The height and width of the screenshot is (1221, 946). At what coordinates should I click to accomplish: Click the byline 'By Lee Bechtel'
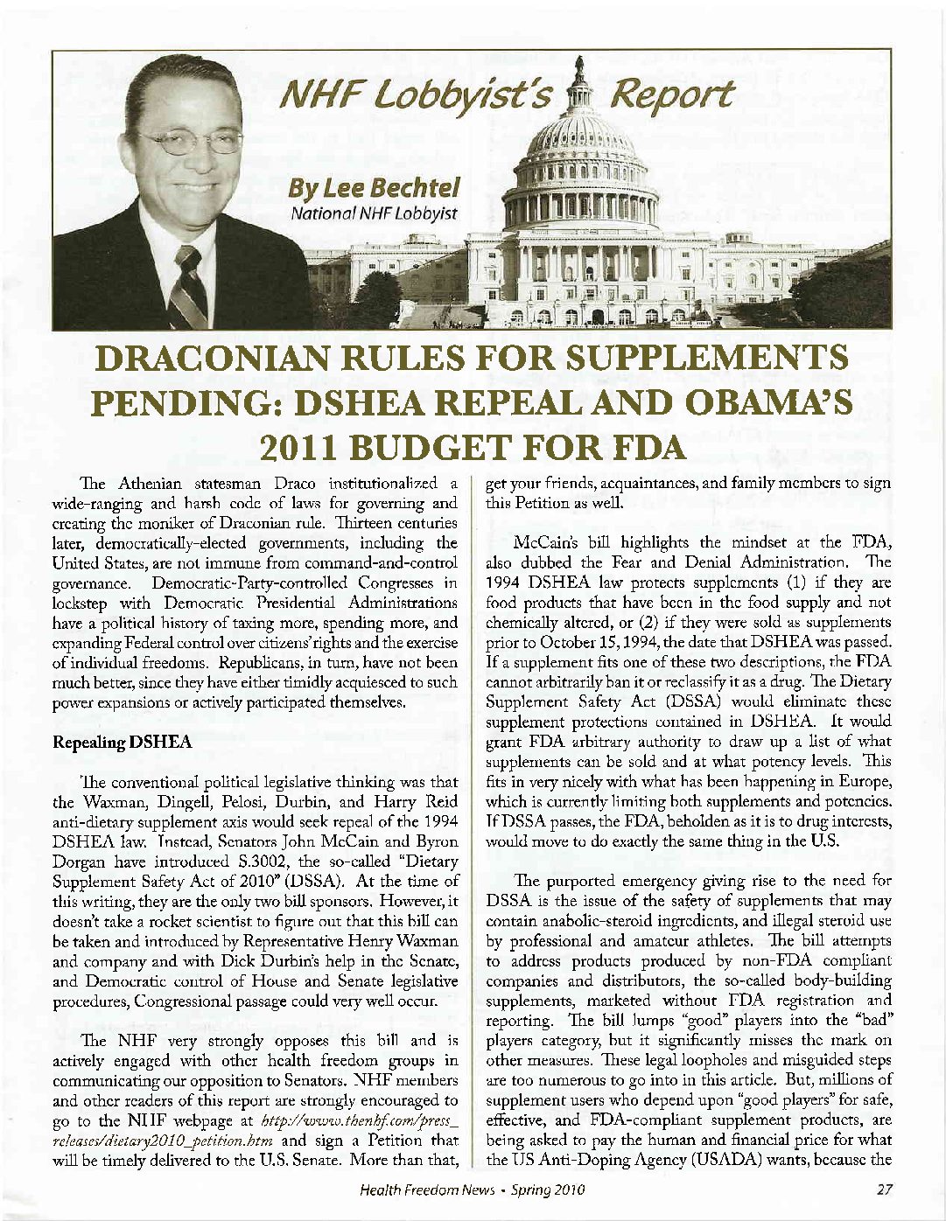point(375,189)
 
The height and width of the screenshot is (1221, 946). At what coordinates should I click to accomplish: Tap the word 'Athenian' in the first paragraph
point(144,484)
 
